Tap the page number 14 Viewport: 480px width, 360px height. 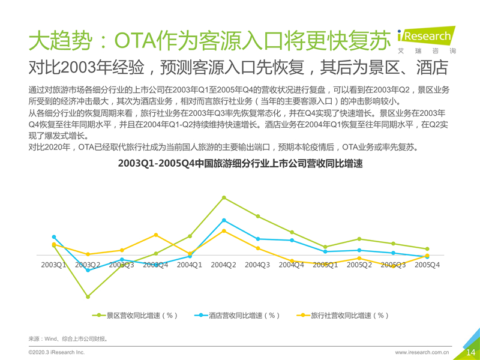(x=470, y=352)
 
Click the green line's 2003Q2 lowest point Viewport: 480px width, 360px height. (x=88, y=297)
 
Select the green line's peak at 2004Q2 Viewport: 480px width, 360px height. (x=224, y=197)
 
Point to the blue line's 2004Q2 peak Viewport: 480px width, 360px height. (x=224, y=220)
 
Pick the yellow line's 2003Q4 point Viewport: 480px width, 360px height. (x=156, y=235)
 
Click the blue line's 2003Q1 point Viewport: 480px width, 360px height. (x=54, y=237)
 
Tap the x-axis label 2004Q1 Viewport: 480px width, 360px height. (x=190, y=265)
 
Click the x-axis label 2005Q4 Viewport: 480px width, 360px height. (x=427, y=265)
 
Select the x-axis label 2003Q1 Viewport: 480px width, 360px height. (x=54, y=265)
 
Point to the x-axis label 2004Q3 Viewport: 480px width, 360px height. (x=258, y=265)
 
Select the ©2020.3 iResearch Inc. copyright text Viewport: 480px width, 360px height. (x=57, y=352)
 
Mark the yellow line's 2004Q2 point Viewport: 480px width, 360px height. (x=224, y=231)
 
